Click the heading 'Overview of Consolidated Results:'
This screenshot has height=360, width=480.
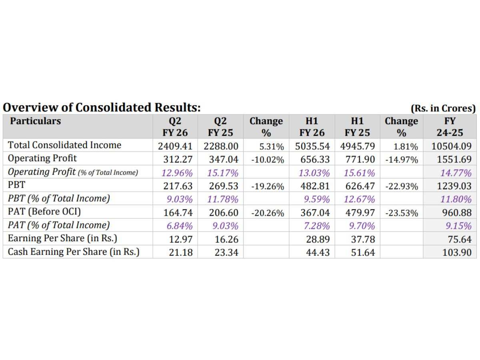102,108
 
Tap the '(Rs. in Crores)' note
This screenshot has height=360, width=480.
443,108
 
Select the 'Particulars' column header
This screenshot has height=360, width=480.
36,121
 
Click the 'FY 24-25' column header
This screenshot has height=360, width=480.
450,127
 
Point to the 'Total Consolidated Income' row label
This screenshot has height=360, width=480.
64,145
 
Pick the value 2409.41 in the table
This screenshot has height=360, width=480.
175,146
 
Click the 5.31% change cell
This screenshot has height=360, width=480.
272,146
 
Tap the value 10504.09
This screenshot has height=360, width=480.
451,146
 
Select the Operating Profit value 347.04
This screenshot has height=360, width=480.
224,160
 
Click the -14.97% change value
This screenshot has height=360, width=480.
402,160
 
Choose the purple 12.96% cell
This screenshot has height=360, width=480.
177,173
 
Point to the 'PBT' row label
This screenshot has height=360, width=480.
17,185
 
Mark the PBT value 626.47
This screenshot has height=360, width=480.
360,186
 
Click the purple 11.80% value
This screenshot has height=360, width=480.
456,199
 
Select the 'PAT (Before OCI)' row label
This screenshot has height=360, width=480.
44,212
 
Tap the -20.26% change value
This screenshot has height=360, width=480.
268,213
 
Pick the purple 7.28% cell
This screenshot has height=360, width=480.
317,226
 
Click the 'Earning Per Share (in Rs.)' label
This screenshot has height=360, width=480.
62,238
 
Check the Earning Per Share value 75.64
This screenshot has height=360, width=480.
460,240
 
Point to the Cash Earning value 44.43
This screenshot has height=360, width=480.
318,253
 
